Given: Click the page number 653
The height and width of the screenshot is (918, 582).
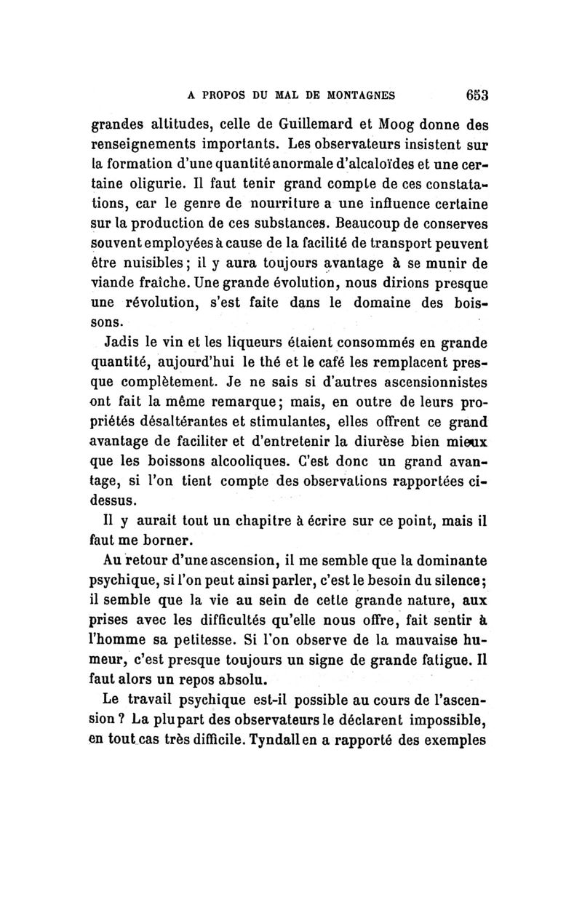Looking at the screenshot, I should (x=474, y=94).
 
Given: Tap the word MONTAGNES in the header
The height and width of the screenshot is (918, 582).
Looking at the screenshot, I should (x=351, y=95).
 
